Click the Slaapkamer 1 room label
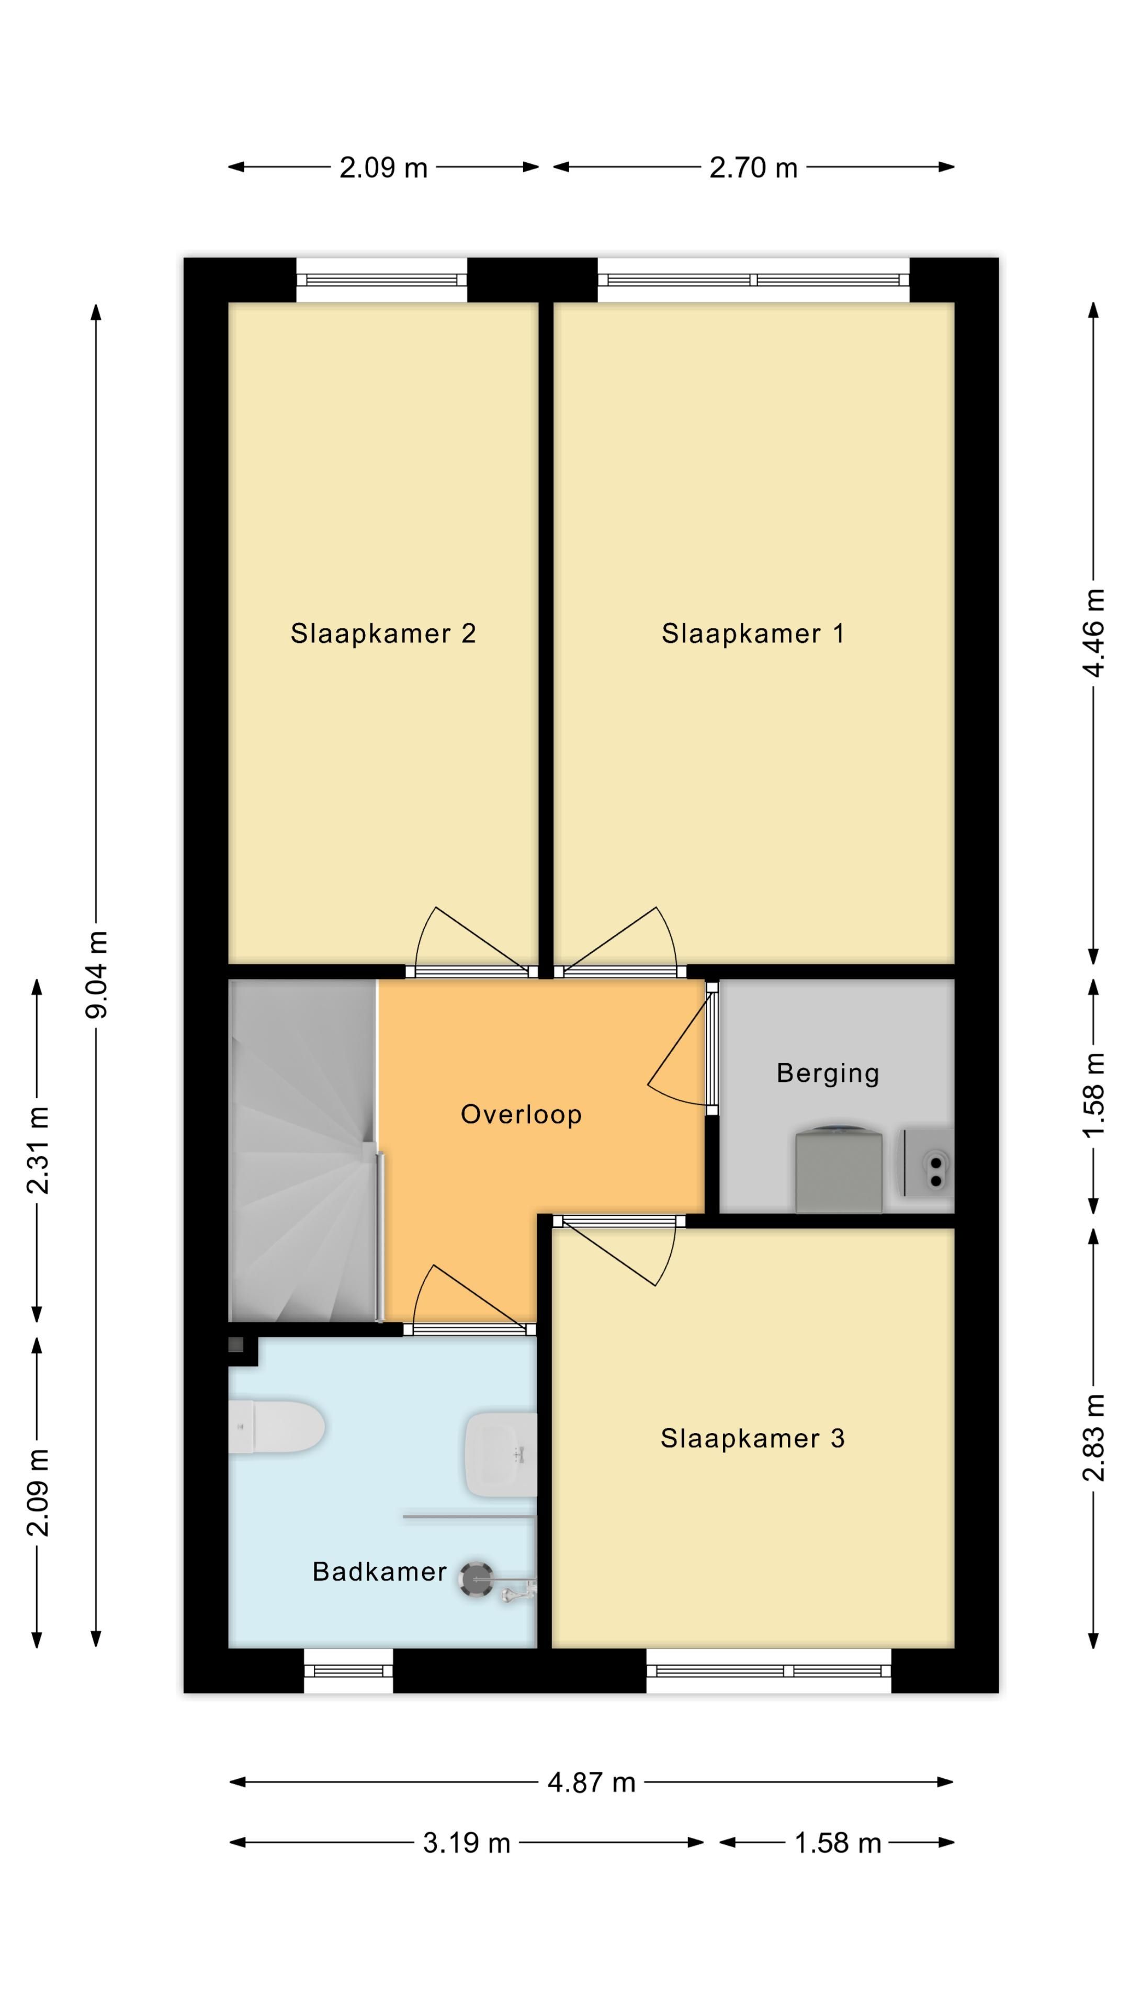(753, 633)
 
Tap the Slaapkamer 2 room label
(383, 633)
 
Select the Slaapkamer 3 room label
(753, 1438)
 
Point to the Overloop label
(521, 1114)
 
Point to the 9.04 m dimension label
(97, 974)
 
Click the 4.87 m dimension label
(591, 1783)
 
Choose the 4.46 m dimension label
(1093, 633)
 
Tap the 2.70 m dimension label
(753, 167)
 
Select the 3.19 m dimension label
(466, 1843)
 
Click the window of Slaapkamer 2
(381, 280)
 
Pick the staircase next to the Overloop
(302, 1150)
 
